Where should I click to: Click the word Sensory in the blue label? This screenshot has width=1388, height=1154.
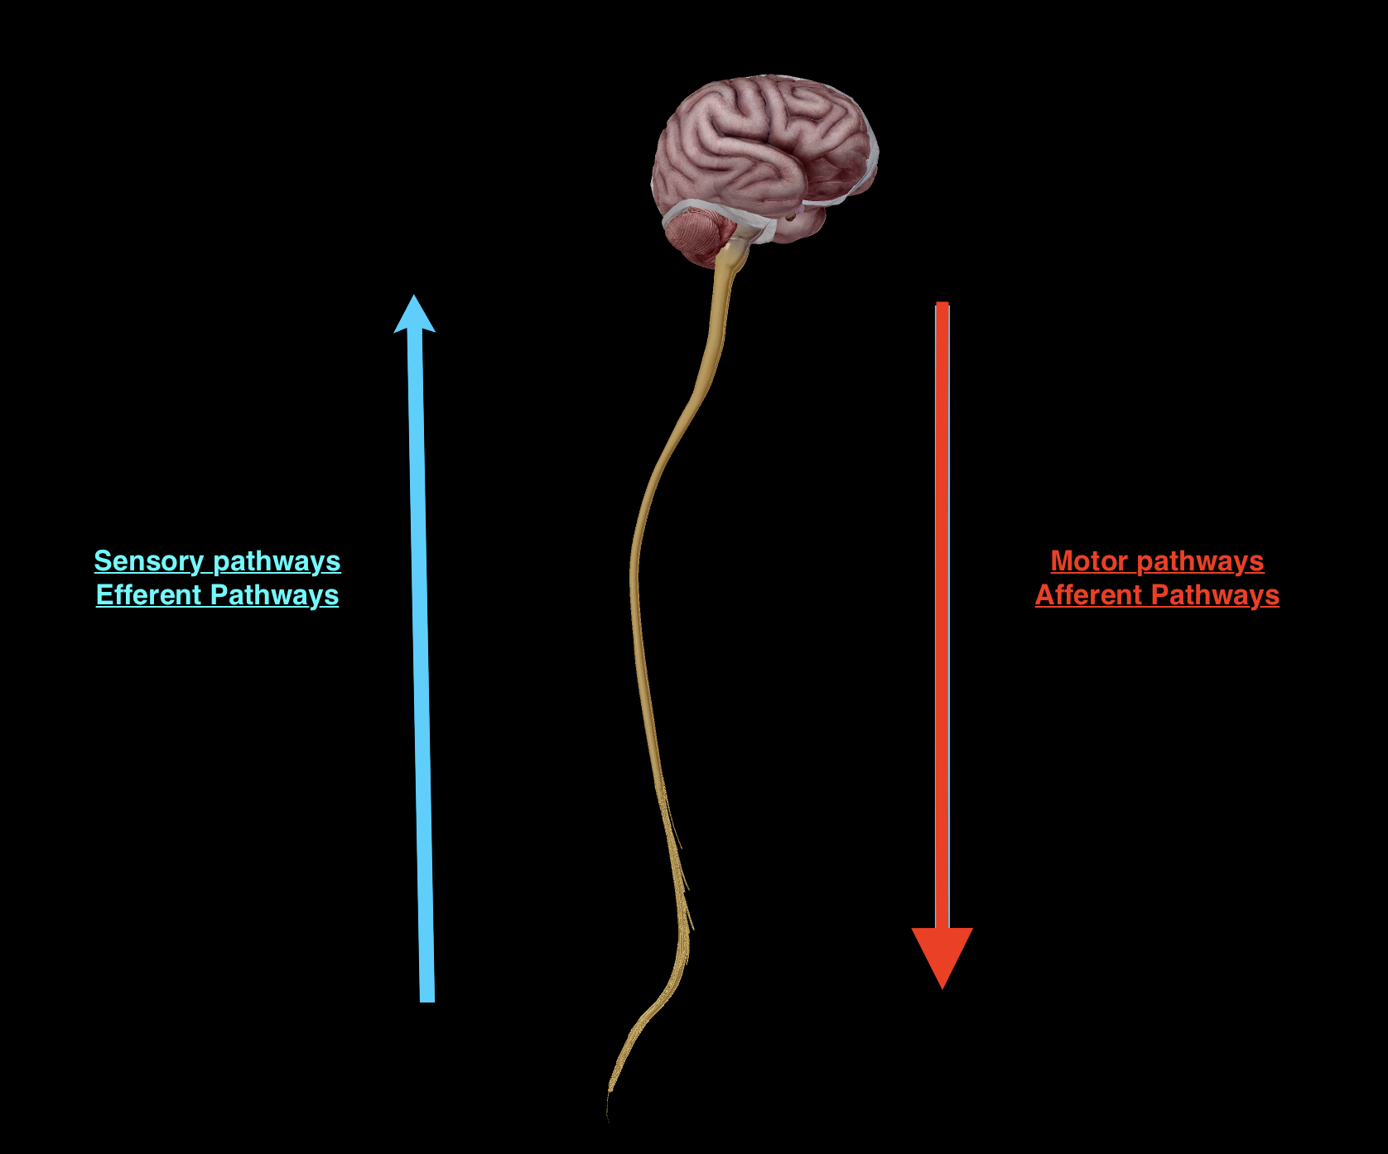pyautogui.click(x=148, y=561)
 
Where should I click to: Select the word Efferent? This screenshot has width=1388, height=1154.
pyautogui.click(x=149, y=595)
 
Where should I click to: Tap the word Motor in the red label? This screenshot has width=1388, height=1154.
pyautogui.click(x=1089, y=561)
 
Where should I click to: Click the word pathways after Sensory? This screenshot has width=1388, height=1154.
pyautogui.click(x=277, y=561)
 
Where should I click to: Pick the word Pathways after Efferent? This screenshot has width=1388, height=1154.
pyautogui.click(x=274, y=595)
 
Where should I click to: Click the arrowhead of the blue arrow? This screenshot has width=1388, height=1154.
pyautogui.click(x=414, y=315)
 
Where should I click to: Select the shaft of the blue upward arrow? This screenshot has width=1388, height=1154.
pyautogui.click(x=422, y=662)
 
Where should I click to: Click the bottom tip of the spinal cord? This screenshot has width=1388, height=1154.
pyautogui.click(x=609, y=1113)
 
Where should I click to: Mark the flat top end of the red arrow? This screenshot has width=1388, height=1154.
pyautogui.click(x=942, y=305)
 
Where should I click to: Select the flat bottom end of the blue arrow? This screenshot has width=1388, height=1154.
pyautogui.click(x=427, y=1000)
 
